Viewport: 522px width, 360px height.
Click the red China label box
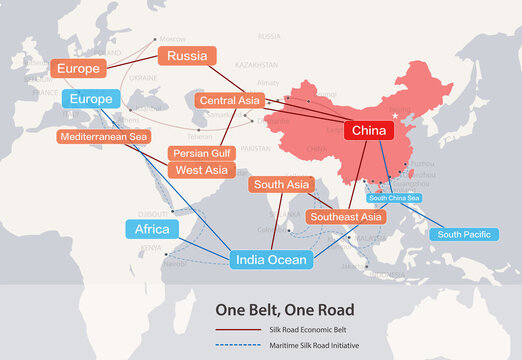[369, 131]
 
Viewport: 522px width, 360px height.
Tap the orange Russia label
[187, 56]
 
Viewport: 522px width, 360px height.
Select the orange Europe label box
[78, 69]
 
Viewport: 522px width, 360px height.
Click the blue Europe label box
[91, 99]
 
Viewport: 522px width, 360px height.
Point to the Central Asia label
[229, 101]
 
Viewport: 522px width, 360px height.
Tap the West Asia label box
[200, 170]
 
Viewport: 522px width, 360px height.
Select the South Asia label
[279, 185]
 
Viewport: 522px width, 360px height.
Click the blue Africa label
[152, 230]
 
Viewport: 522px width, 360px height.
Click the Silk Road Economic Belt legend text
[310, 329]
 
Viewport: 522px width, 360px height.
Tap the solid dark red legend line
[237, 329]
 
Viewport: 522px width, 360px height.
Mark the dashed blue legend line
[237, 345]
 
